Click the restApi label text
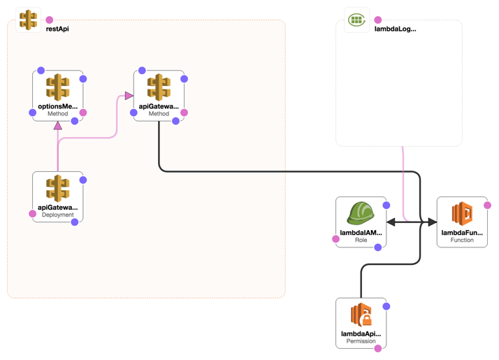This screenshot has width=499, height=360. pos(57,29)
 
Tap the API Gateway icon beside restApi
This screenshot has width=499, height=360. pos(28,20)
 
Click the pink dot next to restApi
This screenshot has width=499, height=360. pos(50,20)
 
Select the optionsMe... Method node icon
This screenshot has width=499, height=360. pos(57,88)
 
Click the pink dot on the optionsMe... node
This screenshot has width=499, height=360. pos(83,113)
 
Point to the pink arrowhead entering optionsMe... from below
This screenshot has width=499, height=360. pos(58,126)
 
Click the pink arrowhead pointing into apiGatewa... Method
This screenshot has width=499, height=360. pos(129,96)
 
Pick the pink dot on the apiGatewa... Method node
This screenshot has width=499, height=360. pos(185,113)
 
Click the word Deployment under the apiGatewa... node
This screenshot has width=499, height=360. pos(57,215)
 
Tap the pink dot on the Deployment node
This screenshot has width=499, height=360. pos(32,214)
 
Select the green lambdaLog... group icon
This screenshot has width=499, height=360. pos(357,20)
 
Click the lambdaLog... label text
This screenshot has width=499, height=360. pos(396,29)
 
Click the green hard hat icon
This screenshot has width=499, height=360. pos(361,213)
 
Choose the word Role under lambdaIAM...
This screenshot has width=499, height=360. pos(361,240)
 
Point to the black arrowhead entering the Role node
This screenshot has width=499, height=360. pos(391,222)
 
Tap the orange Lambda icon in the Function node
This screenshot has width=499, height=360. pos(462,213)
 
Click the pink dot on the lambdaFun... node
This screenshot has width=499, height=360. pos(487,206)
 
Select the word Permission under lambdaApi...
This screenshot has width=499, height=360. pos(361,342)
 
